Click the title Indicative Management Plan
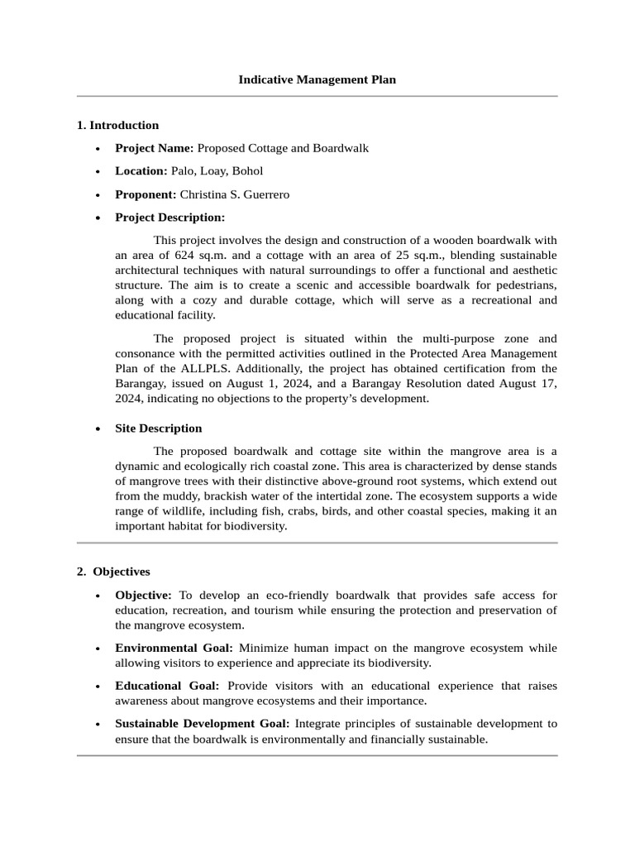coord(317,80)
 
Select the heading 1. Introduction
coord(117,126)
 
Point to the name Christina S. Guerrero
coord(235,194)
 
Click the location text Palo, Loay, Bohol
coord(217,171)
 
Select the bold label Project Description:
coord(169,218)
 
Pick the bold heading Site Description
coord(158,428)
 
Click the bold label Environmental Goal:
coord(174,648)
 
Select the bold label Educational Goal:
coord(167,686)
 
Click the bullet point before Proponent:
coord(98,195)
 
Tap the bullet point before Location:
coord(98,172)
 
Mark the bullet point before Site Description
coord(98,429)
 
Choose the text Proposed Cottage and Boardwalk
coord(283,148)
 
